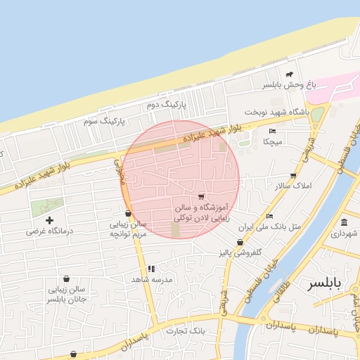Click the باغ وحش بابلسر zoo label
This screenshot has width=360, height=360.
click(x=290, y=85)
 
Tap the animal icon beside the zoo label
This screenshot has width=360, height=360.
click(x=289, y=74)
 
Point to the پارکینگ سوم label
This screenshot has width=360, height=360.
click(x=103, y=121)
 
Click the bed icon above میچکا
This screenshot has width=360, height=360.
click(x=272, y=131)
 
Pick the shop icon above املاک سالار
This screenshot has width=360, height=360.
click(x=293, y=176)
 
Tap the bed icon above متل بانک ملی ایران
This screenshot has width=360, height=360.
click(x=270, y=217)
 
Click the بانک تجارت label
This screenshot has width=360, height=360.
click(x=186, y=330)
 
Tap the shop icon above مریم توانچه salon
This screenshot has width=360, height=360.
click(x=127, y=213)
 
